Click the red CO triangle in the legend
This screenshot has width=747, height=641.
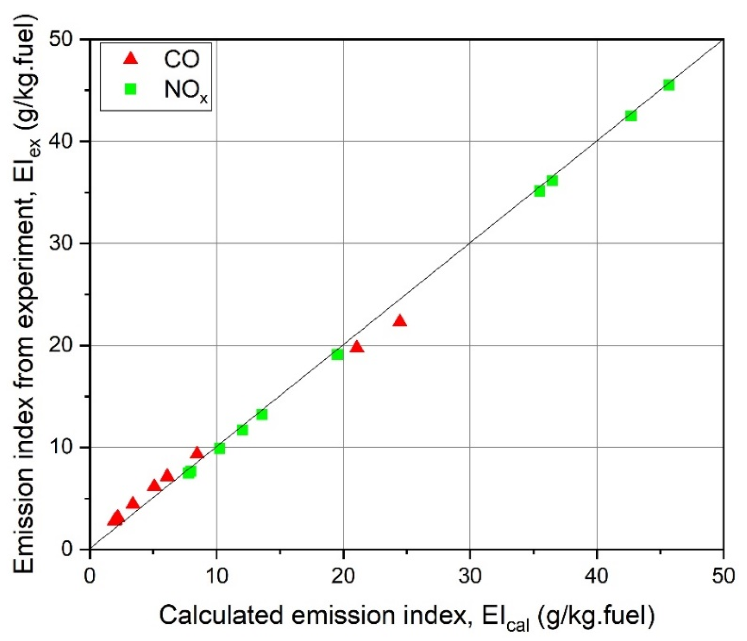[x=130, y=58]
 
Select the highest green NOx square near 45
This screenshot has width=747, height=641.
[x=668, y=85]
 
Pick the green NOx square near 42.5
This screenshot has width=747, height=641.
[x=630, y=116]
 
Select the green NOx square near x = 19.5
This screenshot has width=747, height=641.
[x=337, y=354]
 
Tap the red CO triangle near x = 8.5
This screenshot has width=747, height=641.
[x=197, y=453]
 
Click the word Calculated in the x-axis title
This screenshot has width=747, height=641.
[x=221, y=615]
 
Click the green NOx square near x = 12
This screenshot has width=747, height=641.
[x=242, y=430]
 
